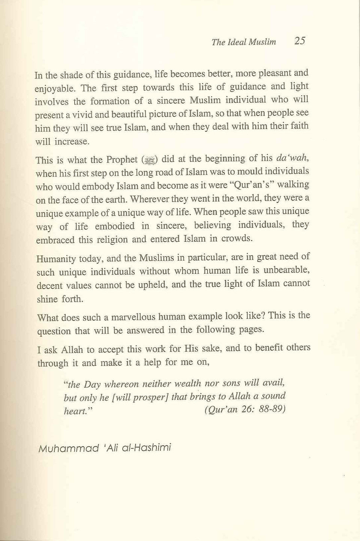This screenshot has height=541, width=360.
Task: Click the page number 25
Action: (300, 40)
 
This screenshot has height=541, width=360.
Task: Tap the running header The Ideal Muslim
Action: (244, 42)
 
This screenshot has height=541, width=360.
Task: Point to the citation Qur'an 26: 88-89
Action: (245, 409)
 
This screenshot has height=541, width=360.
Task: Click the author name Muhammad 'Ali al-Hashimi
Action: (105, 448)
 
